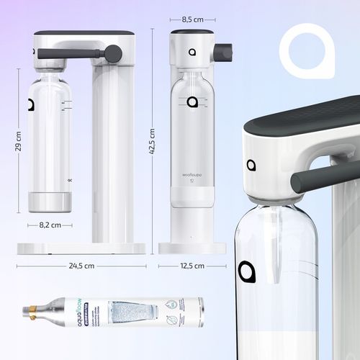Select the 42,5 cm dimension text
(x=152, y=141)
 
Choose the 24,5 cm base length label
(x=80, y=266)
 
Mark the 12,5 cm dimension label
(x=192, y=266)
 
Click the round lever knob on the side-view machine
(x=113, y=53)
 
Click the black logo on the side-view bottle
(x=31, y=105)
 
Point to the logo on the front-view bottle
(x=192, y=102)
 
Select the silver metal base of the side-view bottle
(x=50, y=202)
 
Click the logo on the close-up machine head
(x=251, y=165)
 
